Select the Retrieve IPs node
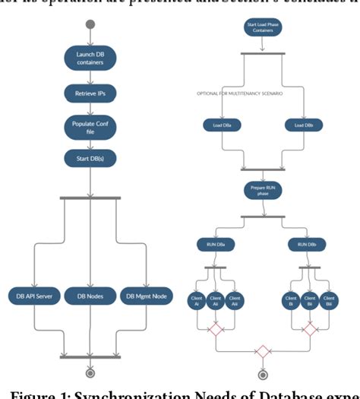click(x=90, y=93)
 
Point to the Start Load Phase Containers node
click(x=262, y=29)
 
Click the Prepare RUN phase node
click(x=262, y=191)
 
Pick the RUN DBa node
click(x=215, y=244)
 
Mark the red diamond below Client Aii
click(x=215, y=328)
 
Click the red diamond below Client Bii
click(x=309, y=328)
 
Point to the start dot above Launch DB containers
click(x=90, y=24)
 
